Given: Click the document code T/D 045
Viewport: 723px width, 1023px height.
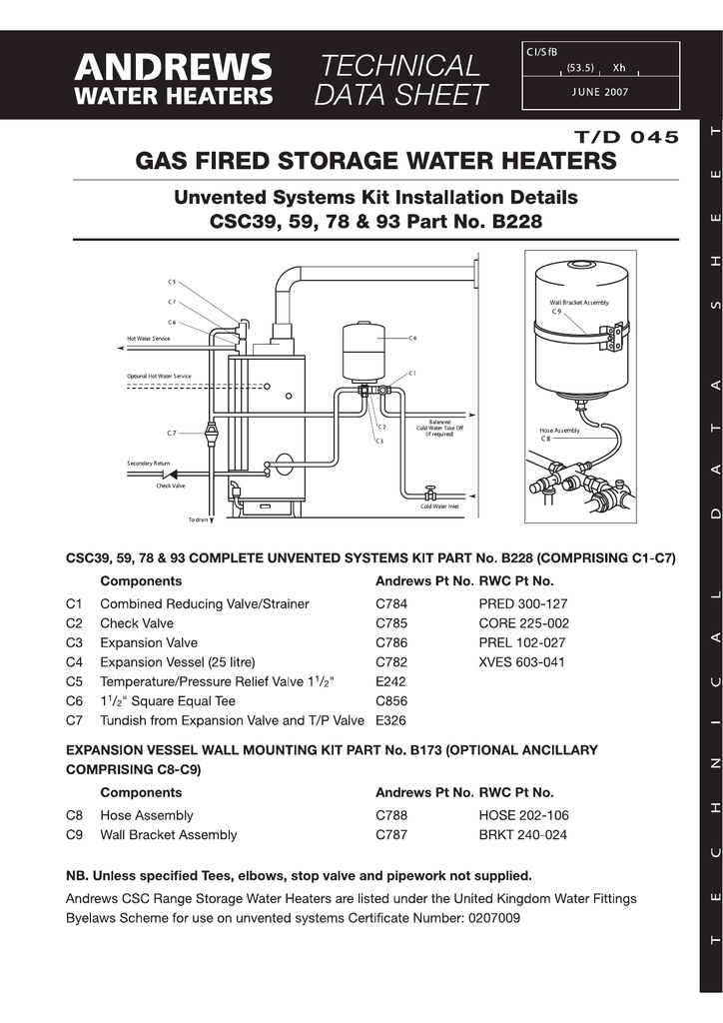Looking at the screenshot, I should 626,137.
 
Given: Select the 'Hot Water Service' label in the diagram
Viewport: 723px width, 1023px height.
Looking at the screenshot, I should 148,339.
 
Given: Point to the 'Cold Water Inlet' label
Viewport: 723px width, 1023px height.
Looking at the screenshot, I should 439,507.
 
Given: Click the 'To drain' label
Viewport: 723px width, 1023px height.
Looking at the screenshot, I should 199,520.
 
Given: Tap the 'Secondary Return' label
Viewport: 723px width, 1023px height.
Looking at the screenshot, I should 148,464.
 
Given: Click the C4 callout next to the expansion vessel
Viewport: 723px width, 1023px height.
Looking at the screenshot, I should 412,338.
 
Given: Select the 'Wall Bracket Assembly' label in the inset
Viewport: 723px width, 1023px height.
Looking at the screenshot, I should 578,302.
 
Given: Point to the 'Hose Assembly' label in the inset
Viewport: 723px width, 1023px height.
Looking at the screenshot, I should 559,431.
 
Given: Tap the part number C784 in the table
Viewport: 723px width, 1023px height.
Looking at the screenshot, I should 391,603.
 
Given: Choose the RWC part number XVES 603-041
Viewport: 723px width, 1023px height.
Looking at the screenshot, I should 522,662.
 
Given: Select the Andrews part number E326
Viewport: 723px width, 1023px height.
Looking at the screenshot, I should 390,720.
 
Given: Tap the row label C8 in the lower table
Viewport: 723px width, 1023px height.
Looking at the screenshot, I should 74,815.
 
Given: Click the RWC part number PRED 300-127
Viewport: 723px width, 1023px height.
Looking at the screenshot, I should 523,603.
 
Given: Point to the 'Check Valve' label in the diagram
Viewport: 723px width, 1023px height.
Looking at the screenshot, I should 170,486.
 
